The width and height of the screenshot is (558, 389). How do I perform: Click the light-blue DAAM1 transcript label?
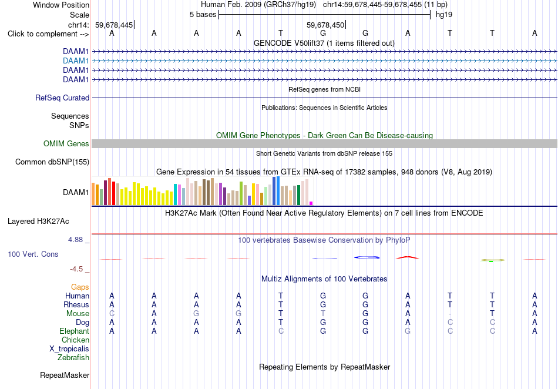click(76, 61)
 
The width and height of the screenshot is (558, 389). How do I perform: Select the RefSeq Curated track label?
click(62, 98)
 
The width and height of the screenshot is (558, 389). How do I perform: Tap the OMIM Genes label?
click(66, 144)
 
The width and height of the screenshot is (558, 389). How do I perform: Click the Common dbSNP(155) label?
click(52, 162)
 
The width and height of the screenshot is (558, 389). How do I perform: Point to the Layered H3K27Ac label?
click(38, 222)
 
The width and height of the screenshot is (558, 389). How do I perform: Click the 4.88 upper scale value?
click(75, 240)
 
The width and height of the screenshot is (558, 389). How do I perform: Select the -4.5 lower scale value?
click(76, 269)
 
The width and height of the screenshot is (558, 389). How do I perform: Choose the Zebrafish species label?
click(73, 358)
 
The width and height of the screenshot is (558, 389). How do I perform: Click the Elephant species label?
click(75, 331)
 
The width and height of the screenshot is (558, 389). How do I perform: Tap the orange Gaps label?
click(80, 287)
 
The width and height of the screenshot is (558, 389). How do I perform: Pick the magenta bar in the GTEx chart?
click(311, 203)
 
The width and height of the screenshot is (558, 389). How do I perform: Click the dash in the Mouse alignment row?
click(450, 314)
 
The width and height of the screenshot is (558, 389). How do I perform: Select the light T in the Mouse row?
click(323, 314)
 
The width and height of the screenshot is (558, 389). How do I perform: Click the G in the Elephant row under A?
click(408, 331)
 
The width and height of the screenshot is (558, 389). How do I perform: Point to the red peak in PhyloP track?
click(408, 257)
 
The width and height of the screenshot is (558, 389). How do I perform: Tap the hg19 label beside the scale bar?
click(444, 15)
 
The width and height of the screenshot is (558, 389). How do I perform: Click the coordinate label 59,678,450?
click(325, 25)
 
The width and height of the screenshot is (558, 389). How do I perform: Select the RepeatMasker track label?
click(65, 375)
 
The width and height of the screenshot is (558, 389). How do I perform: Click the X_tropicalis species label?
click(69, 349)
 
